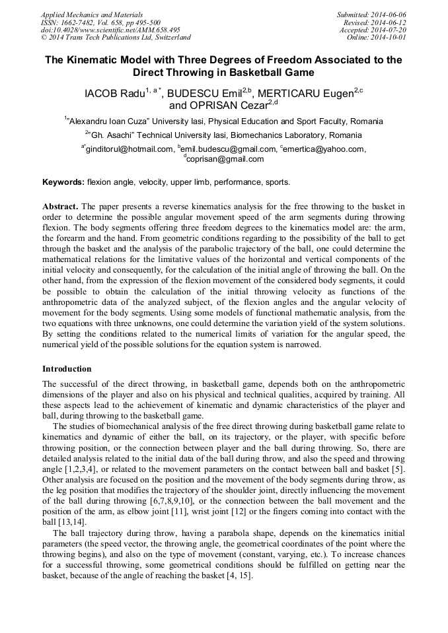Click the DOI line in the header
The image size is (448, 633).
point(110,30)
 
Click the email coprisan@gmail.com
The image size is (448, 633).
point(225,159)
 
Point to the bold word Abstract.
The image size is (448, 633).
point(61,206)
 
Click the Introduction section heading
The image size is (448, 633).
point(67,368)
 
